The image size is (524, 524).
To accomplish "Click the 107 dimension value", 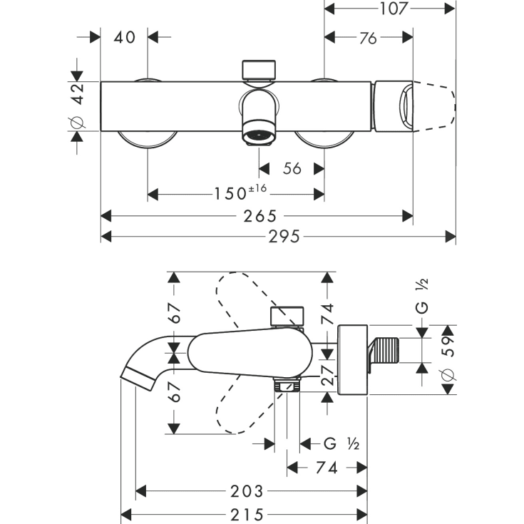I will [389, 9].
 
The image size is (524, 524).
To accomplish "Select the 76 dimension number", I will [368, 38].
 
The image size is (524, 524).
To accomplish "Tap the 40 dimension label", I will [124, 36].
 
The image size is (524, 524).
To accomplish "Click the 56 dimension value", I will [292, 168].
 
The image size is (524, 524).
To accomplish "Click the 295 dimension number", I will [279, 236].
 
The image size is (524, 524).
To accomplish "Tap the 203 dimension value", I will [247, 491].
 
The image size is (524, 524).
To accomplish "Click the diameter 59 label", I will [447, 359].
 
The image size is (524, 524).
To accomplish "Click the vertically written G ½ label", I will [422, 298].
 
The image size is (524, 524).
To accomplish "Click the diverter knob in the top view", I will [260, 69].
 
